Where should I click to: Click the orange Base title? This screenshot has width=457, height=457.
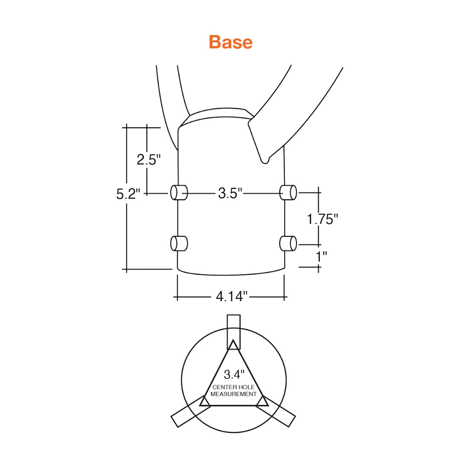coord(230,42)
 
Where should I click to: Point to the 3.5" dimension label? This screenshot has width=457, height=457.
coord(230,193)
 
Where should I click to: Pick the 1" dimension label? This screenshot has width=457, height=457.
coord(321,256)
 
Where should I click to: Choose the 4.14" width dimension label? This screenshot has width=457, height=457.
coord(232,296)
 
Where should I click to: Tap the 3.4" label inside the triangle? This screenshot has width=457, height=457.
coord(234,374)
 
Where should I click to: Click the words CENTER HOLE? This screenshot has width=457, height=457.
coord(233,387)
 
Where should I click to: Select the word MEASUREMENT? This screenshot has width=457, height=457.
coord(233,394)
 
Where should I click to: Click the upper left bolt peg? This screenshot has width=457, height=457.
coord(179,193)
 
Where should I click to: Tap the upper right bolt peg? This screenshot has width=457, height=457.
coord(288,193)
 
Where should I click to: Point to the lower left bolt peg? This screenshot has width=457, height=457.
coord(179,243)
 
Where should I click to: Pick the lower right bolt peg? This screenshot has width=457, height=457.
coord(288,243)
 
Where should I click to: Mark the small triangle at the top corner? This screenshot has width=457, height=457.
coord(233,345)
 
